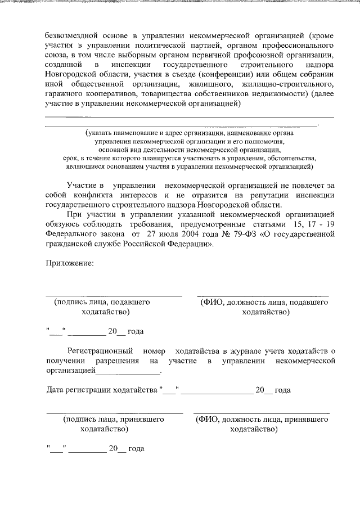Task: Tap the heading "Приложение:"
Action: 69,263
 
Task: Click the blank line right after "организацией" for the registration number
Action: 128,372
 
